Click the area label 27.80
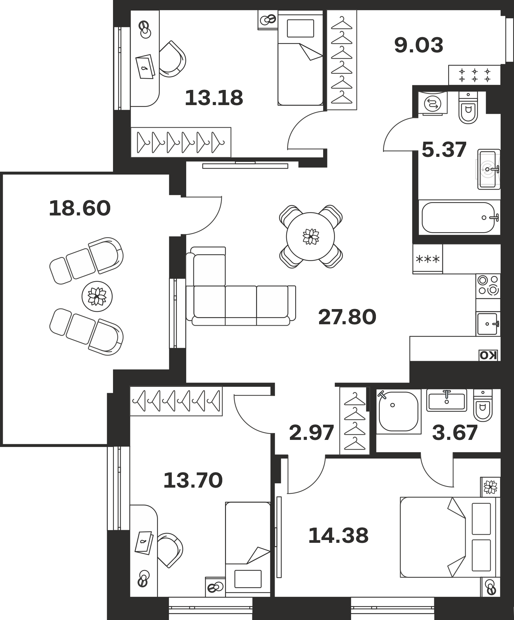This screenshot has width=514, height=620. [x=347, y=317]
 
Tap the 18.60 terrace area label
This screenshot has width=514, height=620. [x=80, y=208]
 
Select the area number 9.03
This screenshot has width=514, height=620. [x=419, y=45]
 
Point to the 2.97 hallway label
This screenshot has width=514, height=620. [x=311, y=433]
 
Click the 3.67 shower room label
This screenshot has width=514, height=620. [x=455, y=433]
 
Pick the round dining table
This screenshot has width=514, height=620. [x=310, y=237]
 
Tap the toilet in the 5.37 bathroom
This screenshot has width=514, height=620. [x=468, y=108]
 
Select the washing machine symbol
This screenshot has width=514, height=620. [x=433, y=104]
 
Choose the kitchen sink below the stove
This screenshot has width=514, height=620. [x=488, y=324]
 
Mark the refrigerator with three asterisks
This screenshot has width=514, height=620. [x=428, y=259]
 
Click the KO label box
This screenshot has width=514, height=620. [x=488, y=355]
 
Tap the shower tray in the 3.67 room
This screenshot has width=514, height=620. [x=399, y=412]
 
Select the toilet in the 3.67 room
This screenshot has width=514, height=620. [x=483, y=405]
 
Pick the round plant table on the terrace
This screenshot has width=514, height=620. [x=97, y=297]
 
